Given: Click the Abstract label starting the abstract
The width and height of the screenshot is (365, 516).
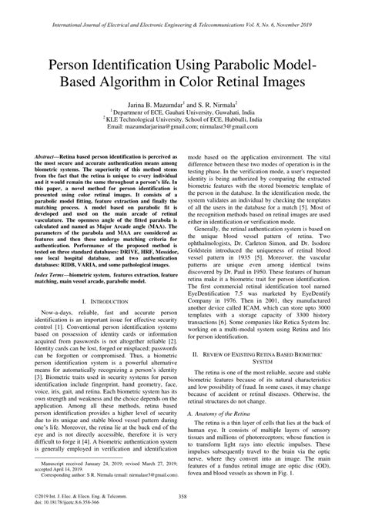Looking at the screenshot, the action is [x=45, y=155].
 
